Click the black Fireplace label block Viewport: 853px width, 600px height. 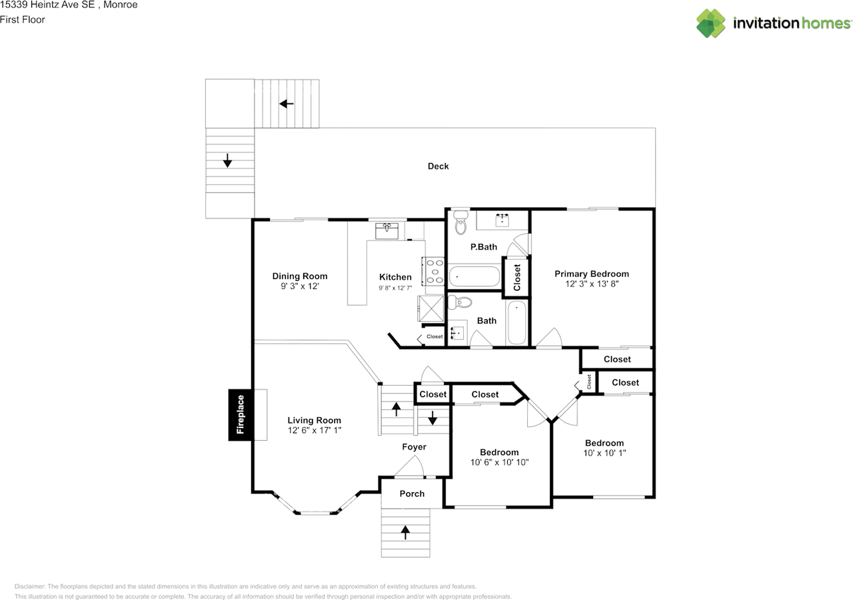[240, 414]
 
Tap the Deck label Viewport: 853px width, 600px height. [438, 166]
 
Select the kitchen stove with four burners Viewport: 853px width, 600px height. [434, 272]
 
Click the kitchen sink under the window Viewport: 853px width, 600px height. [387, 231]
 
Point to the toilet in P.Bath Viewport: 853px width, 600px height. [460, 224]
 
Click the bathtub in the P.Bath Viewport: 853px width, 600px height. [474, 276]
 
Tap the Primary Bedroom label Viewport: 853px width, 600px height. [591, 274]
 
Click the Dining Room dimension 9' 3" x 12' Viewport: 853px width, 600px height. [300, 286]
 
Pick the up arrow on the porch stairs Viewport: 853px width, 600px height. [405, 531]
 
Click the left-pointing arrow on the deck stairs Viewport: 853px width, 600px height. [287, 103]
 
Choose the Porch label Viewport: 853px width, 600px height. [412, 493]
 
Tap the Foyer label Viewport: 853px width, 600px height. [414, 447]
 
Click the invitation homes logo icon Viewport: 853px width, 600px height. [710, 23]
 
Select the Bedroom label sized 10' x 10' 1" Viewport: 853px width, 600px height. [604, 443]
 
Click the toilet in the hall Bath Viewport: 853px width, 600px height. [460, 303]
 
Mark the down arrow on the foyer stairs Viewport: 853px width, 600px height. [432, 418]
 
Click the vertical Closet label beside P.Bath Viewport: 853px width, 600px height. [516, 278]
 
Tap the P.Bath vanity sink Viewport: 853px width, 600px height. [502, 219]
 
